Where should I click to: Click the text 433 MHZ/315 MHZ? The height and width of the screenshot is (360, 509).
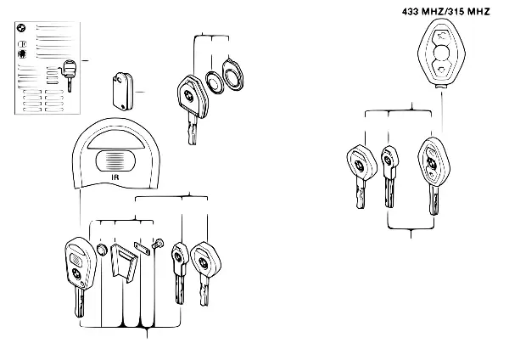(x=445, y=12)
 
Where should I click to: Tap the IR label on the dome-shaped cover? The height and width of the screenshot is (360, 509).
(x=115, y=177)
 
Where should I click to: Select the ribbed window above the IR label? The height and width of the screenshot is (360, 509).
(x=115, y=160)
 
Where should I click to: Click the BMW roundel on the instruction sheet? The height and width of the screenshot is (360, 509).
(x=21, y=28)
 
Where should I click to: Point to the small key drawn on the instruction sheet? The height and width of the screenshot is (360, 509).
(x=68, y=74)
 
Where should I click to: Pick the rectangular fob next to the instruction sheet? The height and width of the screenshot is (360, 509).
(x=123, y=92)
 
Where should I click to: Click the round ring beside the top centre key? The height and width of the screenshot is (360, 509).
(x=215, y=82)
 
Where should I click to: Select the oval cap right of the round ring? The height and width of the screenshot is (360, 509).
(x=233, y=75)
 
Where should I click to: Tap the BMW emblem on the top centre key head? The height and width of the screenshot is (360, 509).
(x=188, y=95)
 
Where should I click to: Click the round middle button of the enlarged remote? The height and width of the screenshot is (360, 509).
(x=441, y=53)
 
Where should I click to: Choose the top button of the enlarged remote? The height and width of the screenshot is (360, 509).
(x=441, y=35)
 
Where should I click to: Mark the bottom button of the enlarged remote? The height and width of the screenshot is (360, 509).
(x=441, y=70)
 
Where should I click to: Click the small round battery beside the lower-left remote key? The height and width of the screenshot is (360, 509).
(x=103, y=250)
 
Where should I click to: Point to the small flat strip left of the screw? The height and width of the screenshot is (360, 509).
(x=142, y=249)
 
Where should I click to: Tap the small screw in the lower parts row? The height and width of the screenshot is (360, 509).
(x=158, y=244)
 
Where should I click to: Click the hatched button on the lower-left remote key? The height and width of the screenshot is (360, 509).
(x=77, y=259)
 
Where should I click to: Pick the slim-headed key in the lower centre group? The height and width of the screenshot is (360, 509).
(x=180, y=273)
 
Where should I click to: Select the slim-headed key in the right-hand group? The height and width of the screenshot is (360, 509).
(x=389, y=177)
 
